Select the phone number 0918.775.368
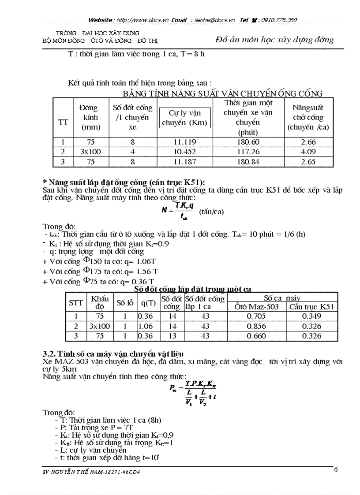tap(279, 20)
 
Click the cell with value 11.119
tap(184, 142)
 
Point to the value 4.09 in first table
tap(308, 152)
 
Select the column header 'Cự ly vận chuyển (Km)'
tap(184, 118)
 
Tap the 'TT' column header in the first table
tap(63, 122)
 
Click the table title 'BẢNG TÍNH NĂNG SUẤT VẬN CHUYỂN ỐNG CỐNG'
tap(222, 93)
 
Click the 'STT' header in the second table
tap(76, 303)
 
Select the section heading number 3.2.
tap(49, 354)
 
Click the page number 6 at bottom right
tap(336, 469)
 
